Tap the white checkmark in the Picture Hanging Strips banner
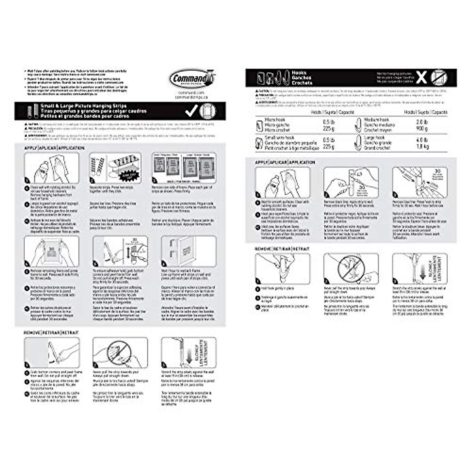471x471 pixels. pyautogui.click(x=192, y=111)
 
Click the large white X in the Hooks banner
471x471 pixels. pyautogui.click(x=421, y=78)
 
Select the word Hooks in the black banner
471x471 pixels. pyautogui.click(x=299, y=73)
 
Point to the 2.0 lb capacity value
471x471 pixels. pyautogui.click(x=422, y=122)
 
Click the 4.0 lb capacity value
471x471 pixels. pyautogui.click(x=422, y=140)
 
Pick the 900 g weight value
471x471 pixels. pyautogui.click(x=422, y=128)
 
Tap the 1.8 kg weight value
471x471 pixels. pyautogui.click(x=422, y=146)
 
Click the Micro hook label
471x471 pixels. pyautogui.click(x=275, y=119)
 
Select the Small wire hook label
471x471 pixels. pyautogui.click(x=279, y=138)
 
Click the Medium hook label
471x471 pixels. pyautogui.click(x=376, y=119)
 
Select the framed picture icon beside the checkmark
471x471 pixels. pyautogui.click(x=207, y=111)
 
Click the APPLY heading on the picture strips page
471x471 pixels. pyautogui.click(x=30, y=148)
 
